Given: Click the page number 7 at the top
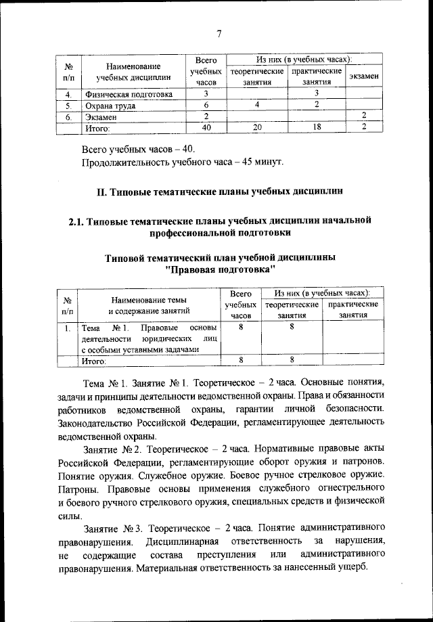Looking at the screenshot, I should (x=219, y=35).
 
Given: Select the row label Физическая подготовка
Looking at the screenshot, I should (x=128, y=94).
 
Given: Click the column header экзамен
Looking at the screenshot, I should (x=363, y=76).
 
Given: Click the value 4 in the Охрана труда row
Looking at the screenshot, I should (x=257, y=105).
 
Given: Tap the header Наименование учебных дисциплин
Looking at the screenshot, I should (x=133, y=71).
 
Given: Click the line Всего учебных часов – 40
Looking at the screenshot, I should (x=141, y=148).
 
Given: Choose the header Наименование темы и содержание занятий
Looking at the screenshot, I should (x=149, y=306).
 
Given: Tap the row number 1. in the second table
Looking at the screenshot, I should (x=69, y=328).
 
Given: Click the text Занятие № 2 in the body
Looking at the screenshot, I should (x=112, y=449).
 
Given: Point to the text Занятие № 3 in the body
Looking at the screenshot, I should (x=112, y=527).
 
